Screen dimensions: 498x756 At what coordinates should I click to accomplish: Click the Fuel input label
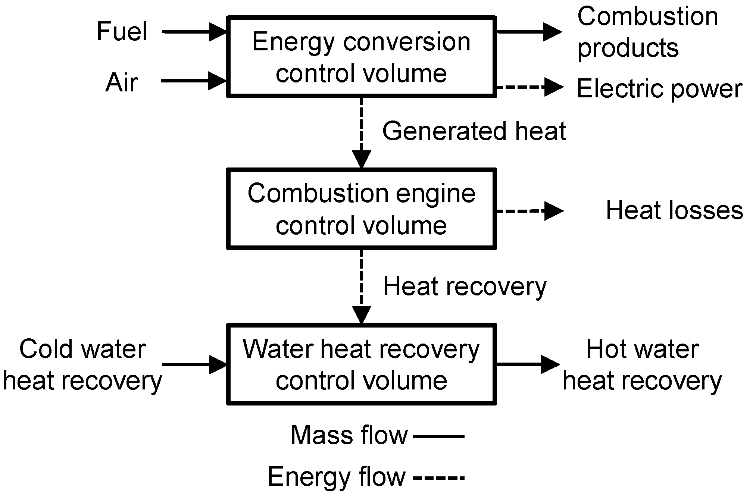tap(122, 31)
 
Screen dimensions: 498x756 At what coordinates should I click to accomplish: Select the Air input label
tap(122, 82)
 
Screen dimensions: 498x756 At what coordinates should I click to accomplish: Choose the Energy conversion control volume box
tap(361, 57)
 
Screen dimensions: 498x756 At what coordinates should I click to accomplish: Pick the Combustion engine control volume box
tap(361, 209)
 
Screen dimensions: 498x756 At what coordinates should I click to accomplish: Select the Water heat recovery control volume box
tap(361, 364)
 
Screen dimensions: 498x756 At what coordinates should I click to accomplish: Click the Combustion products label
tap(647, 32)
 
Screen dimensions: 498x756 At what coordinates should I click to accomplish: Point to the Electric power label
tap(659, 89)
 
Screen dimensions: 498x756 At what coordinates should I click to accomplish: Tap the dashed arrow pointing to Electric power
tap(529, 87)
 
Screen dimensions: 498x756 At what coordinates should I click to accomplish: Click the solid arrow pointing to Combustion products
tap(529, 32)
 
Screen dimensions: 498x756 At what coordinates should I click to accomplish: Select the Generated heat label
tap(474, 131)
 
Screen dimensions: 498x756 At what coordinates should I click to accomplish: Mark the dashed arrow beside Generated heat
tap(361, 132)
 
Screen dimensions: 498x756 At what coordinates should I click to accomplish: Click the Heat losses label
tap(674, 210)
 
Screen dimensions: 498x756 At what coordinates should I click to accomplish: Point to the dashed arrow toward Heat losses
tap(529, 211)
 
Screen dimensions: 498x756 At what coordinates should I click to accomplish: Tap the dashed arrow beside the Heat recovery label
tap(361, 286)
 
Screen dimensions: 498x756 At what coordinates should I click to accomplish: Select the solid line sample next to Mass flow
tap(439, 436)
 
